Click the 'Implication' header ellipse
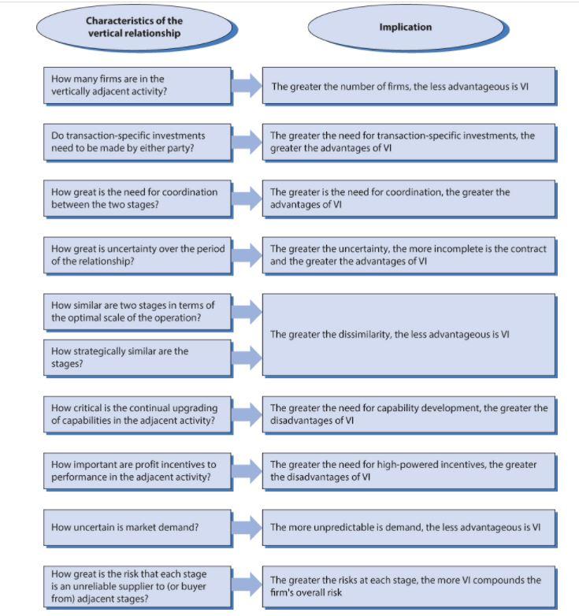[x=405, y=28]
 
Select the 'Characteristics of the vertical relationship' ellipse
[x=134, y=28]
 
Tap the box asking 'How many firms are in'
[x=136, y=85]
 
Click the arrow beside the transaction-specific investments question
[x=247, y=142]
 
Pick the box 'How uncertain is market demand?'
[x=136, y=527]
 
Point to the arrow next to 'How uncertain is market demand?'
[x=247, y=527]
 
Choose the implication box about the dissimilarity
[x=408, y=334]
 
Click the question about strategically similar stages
[x=136, y=358]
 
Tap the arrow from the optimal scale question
[x=247, y=312]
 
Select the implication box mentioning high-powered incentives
[x=408, y=471]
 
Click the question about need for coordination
[x=136, y=198]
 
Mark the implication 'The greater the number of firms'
[x=408, y=86]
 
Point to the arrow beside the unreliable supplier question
[x=247, y=584]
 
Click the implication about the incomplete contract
[x=408, y=254]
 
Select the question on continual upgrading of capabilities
[x=136, y=414]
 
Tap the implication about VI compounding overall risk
[x=408, y=585]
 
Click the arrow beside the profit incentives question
[x=247, y=471]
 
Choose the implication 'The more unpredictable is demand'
[x=408, y=527]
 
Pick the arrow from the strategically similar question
[x=247, y=358]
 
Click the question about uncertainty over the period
[x=136, y=254]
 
